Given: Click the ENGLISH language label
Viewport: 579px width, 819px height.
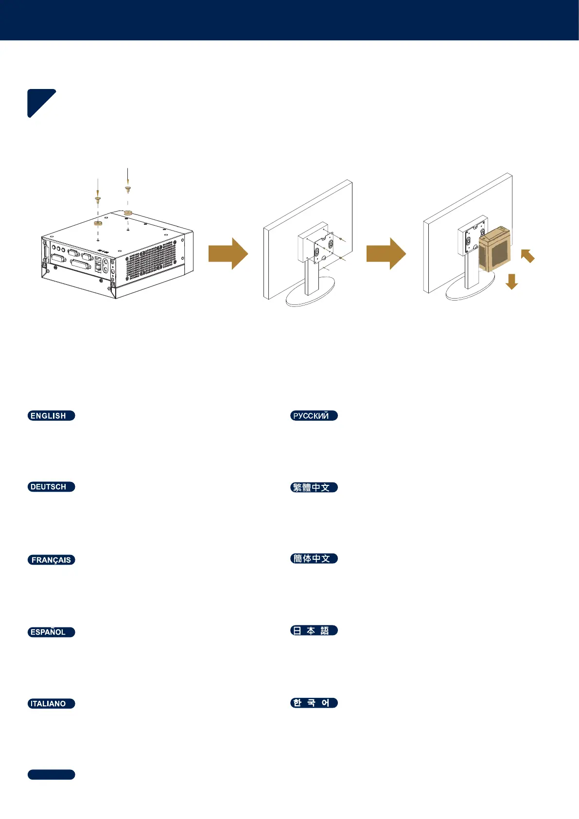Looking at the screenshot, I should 51,416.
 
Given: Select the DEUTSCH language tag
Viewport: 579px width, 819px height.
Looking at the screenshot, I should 51,487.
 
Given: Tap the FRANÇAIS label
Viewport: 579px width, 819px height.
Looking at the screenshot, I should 51,560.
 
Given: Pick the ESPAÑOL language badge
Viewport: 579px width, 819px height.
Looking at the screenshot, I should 51,632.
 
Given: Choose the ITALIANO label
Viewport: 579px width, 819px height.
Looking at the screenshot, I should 51,704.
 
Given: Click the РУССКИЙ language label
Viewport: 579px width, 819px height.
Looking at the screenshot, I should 314,416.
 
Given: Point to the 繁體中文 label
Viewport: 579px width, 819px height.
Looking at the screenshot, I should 314,487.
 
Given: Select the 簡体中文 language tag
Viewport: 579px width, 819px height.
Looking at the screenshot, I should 314,558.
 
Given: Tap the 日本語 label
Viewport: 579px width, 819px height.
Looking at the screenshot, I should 314,630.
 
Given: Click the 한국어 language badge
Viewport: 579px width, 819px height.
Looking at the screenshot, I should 314,703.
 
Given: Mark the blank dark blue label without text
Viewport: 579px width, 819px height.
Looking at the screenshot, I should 51,775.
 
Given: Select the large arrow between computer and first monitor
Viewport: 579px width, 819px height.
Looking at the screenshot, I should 228,253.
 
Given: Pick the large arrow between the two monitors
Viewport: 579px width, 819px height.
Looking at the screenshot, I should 386,253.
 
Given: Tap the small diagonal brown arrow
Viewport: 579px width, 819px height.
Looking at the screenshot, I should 528,256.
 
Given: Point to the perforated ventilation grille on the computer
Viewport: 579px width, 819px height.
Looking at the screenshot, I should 151,260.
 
